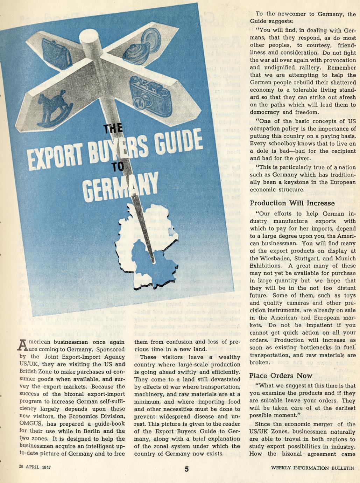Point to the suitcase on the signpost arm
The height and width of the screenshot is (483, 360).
pyautogui.click(x=57, y=52)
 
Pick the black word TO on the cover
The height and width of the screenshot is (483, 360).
pyautogui.click(x=118, y=167)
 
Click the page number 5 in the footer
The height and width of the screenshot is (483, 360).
pyautogui.click(x=186, y=469)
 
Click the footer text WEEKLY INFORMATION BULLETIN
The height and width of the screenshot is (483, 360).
pyautogui.click(x=313, y=468)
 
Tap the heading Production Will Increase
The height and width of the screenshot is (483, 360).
pyautogui.click(x=292, y=203)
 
